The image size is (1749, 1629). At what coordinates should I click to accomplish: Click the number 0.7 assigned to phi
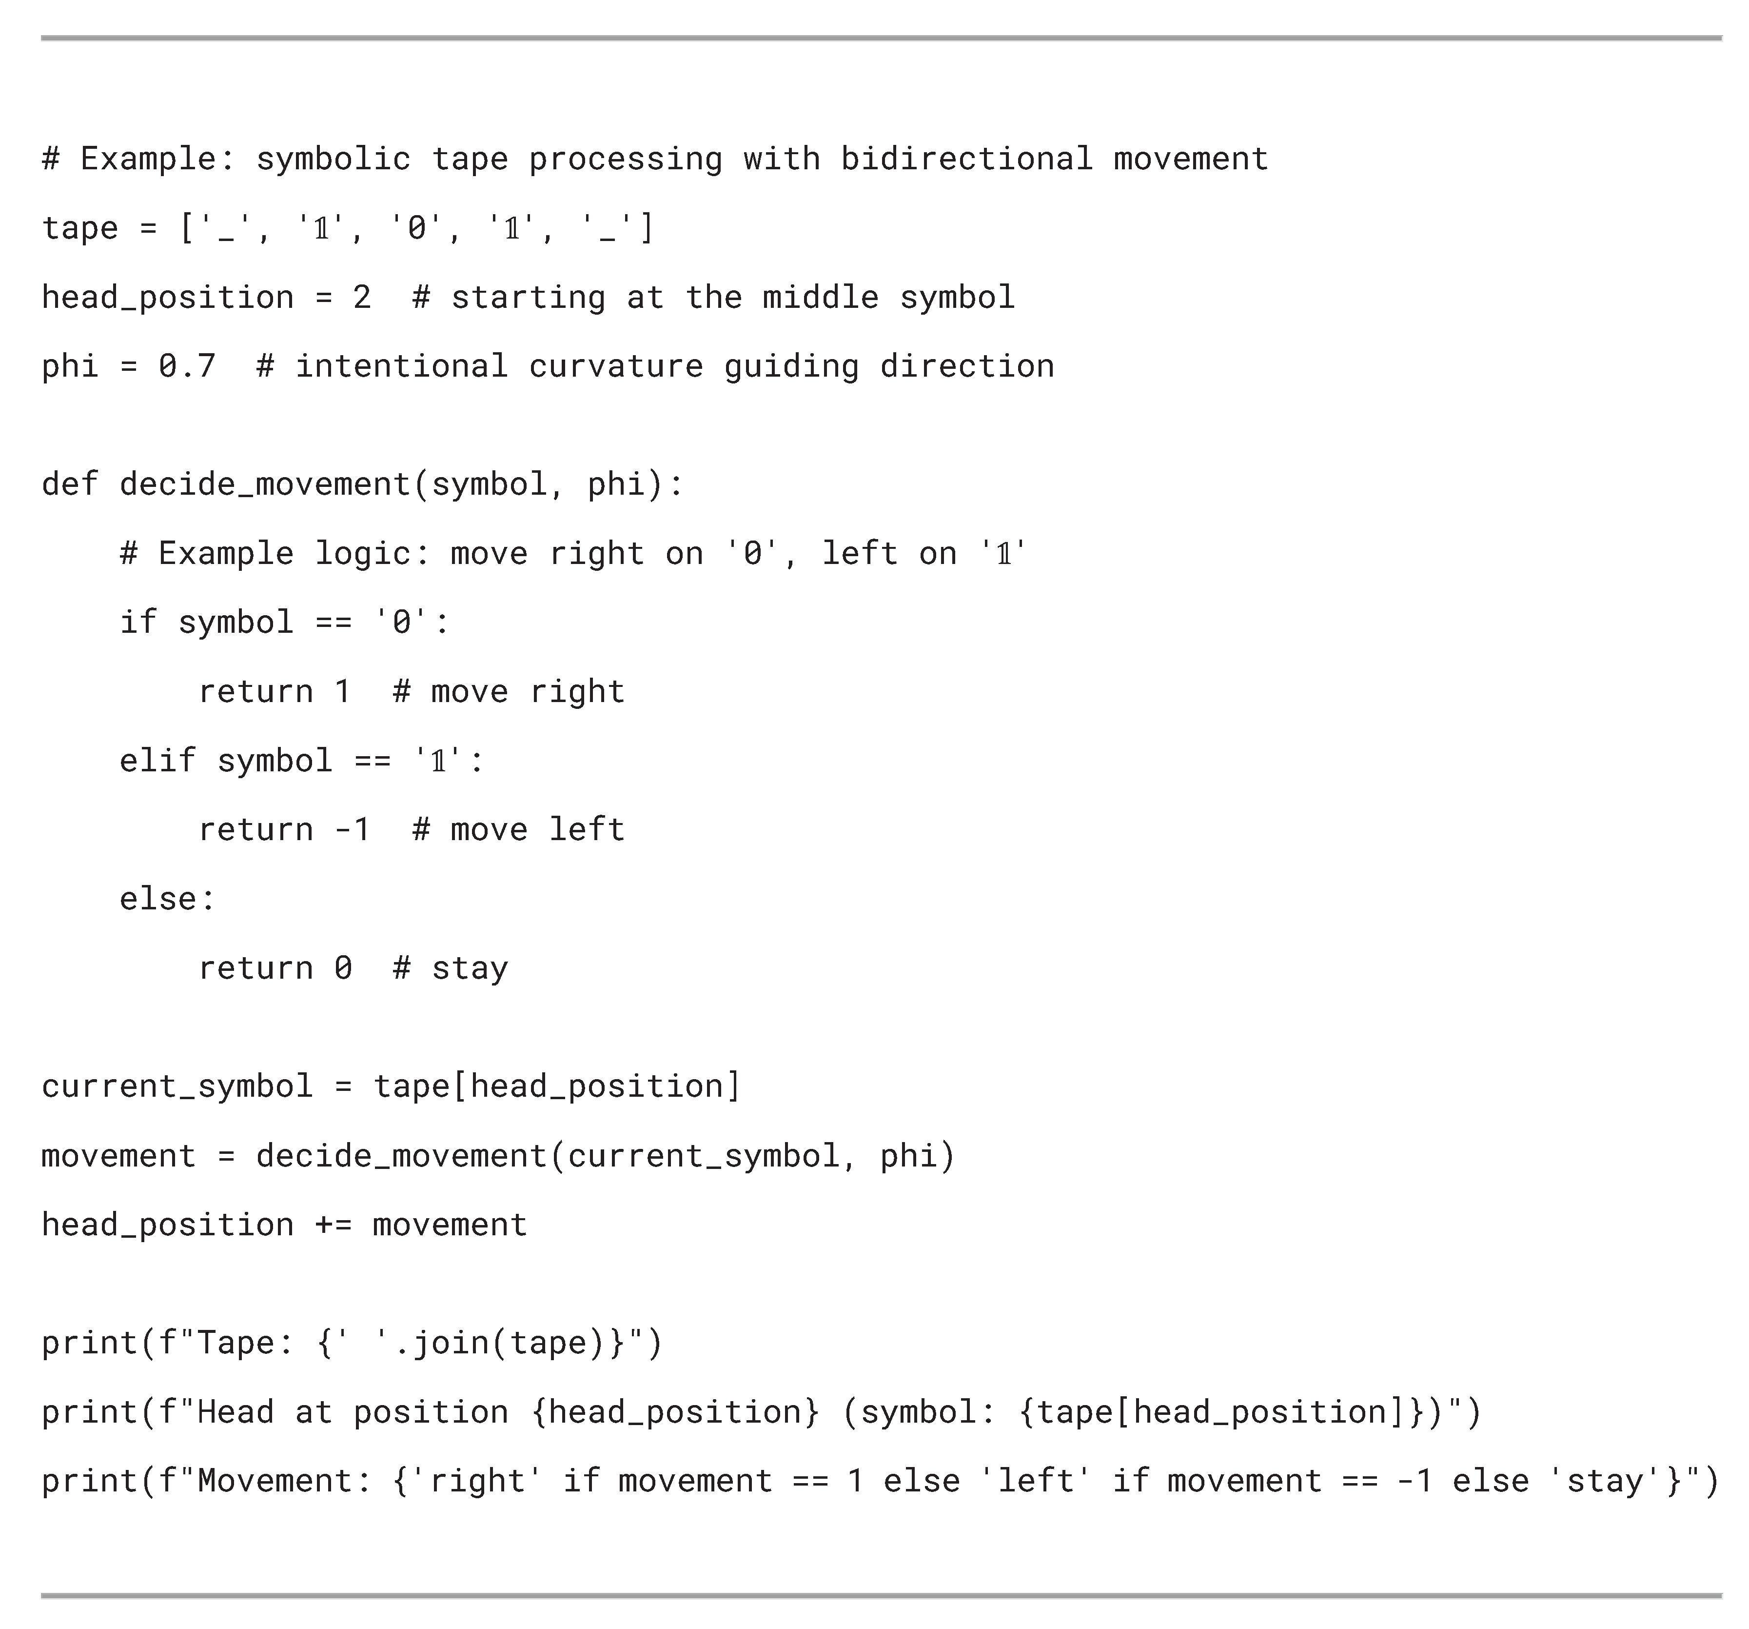click(x=187, y=366)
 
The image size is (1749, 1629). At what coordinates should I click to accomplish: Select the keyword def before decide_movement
click(x=70, y=484)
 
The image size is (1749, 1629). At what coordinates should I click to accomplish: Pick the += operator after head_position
click(x=334, y=1224)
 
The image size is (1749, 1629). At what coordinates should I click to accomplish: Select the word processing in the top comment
click(x=626, y=159)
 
